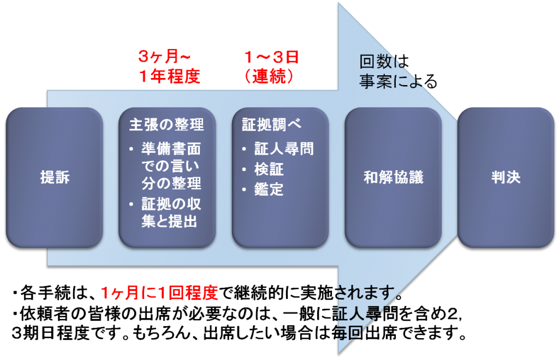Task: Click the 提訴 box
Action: tap(55, 178)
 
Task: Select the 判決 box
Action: tap(506, 178)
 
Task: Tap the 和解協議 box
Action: tap(393, 178)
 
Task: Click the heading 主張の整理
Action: tap(166, 124)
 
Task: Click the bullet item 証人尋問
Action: tap(284, 149)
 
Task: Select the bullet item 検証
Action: tap(269, 169)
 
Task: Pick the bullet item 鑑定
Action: tap(269, 189)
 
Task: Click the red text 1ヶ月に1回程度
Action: tap(159, 293)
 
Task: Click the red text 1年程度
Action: tap(169, 76)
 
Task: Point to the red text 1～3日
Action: tap(271, 56)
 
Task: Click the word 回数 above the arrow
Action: tap(373, 61)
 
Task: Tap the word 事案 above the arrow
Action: tap(373, 81)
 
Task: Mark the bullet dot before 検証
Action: tap(244, 170)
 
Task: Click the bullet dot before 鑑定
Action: tap(244, 190)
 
